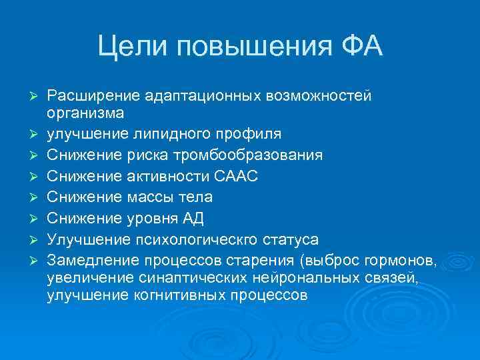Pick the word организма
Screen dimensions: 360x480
tap(85, 113)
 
